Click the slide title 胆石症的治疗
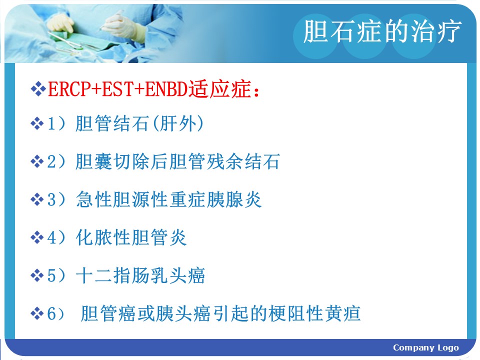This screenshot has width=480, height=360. click(x=382, y=31)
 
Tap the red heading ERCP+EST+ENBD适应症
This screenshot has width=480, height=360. click(x=153, y=89)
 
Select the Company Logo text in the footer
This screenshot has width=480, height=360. click(x=426, y=348)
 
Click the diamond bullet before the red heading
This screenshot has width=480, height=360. click(x=38, y=89)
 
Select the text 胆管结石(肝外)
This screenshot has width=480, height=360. click(x=139, y=123)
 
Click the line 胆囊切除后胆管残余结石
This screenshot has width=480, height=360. click(x=177, y=161)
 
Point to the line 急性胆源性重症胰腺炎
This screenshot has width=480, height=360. click(x=168, y=199)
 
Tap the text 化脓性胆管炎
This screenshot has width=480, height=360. click(x=131, y=237)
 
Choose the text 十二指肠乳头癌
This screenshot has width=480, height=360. click(x=140, y=275)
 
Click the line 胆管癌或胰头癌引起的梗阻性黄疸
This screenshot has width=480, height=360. click(x=220, y=313)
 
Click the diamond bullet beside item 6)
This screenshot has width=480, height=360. click(x=37, y=313)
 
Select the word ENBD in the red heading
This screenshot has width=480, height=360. click(x=166, y=89)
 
